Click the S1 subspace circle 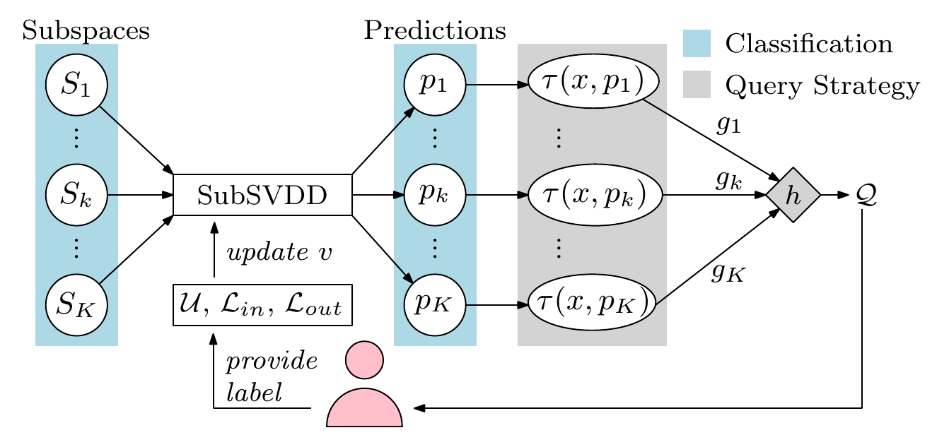[x=76, y=85]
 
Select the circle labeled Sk [x=76, y=195]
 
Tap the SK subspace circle [x=76, y=305]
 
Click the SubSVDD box [x=262, y=195]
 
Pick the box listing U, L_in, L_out [x=262, y=305]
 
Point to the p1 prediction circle [x=435, y=85]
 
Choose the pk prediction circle [x=435, y=195]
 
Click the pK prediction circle [x=435, y=305]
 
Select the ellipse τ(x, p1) [x=593, y=85]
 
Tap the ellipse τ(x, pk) [x=593, y=195]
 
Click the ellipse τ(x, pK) [x=593, y=305]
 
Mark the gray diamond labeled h [x=793, y=195]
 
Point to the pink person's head [x=364, y=359]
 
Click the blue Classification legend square [x=697, y=44]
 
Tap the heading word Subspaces [x=86, y=30]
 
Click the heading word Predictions [x=435, y=30]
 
